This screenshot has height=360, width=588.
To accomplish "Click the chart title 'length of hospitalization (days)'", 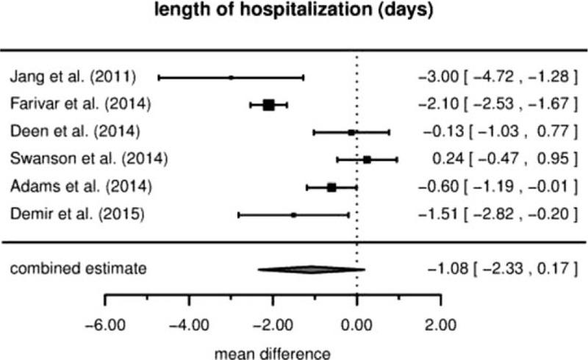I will click(x=293, y=12).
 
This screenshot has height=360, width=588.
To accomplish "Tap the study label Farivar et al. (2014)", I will click(x=81, y=104).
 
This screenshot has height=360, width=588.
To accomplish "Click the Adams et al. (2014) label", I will click(x=81, y=187).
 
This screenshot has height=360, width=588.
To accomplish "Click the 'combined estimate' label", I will click(x=78, y=269).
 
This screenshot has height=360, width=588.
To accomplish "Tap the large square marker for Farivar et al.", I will click(x=269, y=105).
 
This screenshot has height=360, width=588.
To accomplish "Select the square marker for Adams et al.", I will click(x=331, y=187).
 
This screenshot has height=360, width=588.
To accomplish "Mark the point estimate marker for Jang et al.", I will click(x=231, y=77).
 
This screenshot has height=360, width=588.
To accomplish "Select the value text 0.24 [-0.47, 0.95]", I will click(x=500, y=159).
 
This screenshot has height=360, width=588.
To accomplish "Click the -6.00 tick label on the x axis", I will click(x=106, y=324).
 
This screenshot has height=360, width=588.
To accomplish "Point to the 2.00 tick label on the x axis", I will click(x=441, y=324).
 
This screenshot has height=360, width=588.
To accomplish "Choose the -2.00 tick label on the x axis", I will click(x=273, y=324).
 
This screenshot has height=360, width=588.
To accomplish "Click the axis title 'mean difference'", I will click(x=273, y=352).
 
